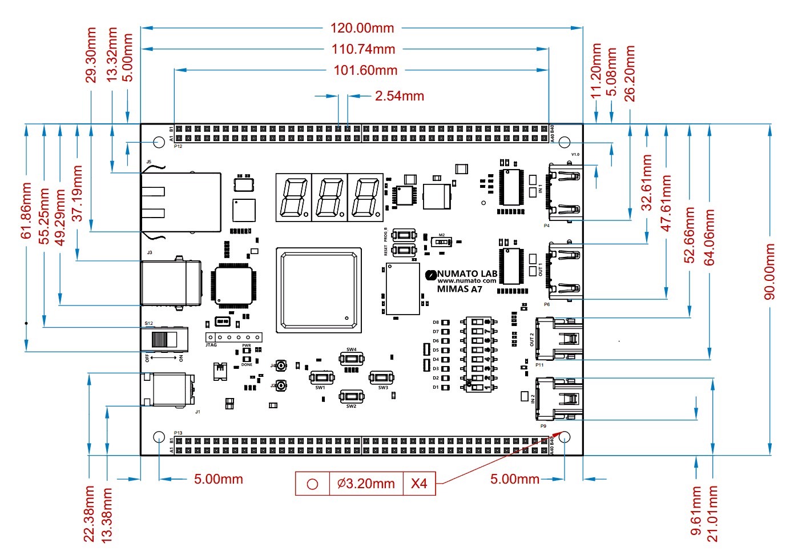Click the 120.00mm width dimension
coord(362,28)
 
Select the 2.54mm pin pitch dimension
coord(399,96)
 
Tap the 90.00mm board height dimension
coord(770,271)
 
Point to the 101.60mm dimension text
coord(365,70)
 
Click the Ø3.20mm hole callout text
coord(366,484)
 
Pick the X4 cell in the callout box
coord(419,484)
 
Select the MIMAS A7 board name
coord(460,289)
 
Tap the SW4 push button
coord(352,359)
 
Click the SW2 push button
coord(352,396)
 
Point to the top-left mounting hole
coord(159,142)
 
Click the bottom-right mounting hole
coord(565,437)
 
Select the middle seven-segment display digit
coord(329,198)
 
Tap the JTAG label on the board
coord(211,345)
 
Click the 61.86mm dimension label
coord(26,211)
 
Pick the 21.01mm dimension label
coord(712,513)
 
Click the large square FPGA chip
coord(319,291)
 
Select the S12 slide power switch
coord(164,340)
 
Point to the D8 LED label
coord(436,323)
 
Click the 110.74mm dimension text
coord(364,49)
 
